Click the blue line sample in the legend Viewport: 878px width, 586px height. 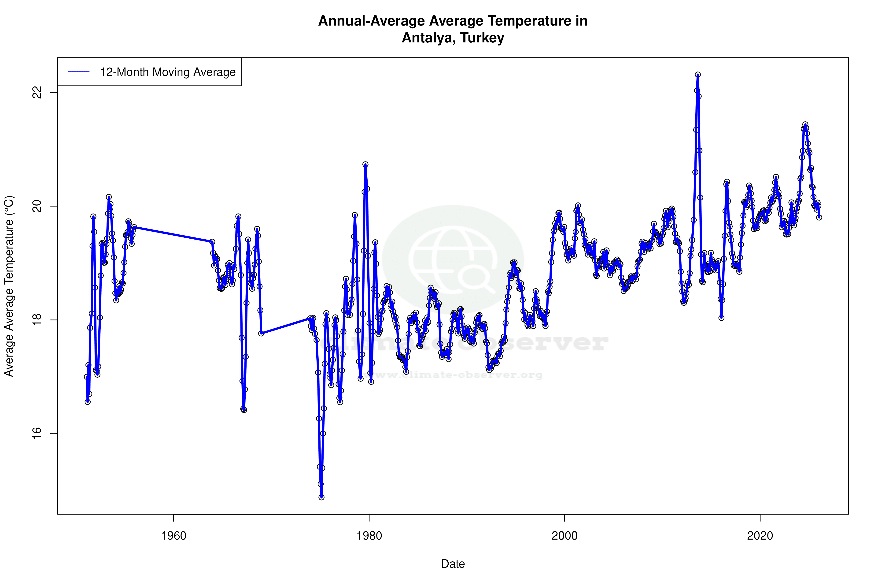tap(79, 72)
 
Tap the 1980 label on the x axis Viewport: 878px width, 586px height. tap(369, 536)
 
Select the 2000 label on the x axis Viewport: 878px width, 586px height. tap(564, 536)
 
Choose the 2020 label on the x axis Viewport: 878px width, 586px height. tap(760, 536)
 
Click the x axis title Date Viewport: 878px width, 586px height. tap(453, 563)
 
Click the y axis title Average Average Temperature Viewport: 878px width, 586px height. tap(9, 286)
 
